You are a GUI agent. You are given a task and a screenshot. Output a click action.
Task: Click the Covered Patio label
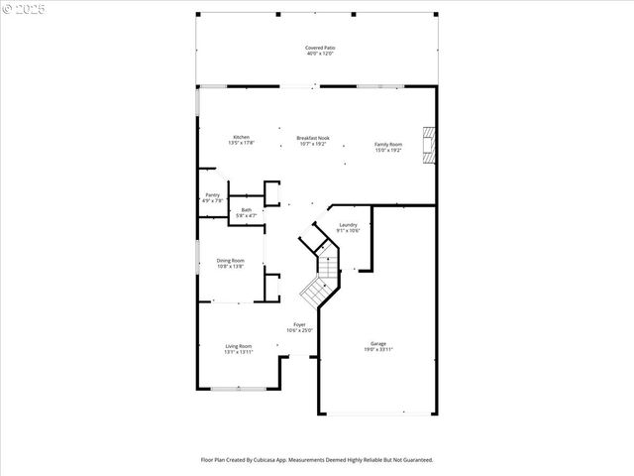[318, 48]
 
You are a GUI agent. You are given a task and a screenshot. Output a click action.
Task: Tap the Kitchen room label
[241, 137]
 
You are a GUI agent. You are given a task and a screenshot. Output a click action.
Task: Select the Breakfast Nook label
[313, 138]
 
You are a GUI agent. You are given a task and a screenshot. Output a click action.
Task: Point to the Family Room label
[388, 145]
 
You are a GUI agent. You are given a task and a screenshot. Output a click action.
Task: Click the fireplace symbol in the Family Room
[427, 144]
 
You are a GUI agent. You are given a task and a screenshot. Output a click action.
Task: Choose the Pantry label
[212, 194]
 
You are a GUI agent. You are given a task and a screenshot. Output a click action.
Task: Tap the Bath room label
[246, 209]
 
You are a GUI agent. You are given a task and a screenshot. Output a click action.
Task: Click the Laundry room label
[348, 225]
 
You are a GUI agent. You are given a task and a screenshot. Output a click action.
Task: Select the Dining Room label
[231, 261]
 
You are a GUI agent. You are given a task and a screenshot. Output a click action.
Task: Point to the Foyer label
[299, 324]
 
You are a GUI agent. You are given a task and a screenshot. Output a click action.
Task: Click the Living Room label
[238, 346]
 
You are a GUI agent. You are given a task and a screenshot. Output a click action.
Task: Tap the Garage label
[378, 344]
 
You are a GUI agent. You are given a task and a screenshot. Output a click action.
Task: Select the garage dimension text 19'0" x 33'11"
[378, 350]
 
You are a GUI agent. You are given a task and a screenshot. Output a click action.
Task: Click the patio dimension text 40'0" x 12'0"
[318, 54]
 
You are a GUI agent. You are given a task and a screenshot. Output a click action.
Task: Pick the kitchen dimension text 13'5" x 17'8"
[241, 143]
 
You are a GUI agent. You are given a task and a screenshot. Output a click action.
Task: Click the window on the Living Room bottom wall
[238, 389]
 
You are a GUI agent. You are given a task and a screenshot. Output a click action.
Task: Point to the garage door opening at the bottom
[377, 414]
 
